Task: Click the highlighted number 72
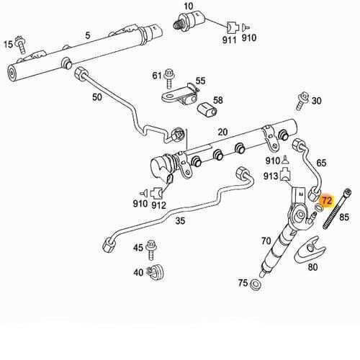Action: point(327,201)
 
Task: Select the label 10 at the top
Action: point(189,6)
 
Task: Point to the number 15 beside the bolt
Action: point(9,44)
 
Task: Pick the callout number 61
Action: point(157,75)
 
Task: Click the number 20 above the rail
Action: point(222,131)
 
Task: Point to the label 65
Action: point(321,164)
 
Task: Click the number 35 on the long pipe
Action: point(181,221)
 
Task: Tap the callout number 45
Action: point(138,248)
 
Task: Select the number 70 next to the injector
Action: point(266,240)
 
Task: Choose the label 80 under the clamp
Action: point(312,267)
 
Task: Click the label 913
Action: point(271,176)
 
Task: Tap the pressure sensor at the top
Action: point(190,22)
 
